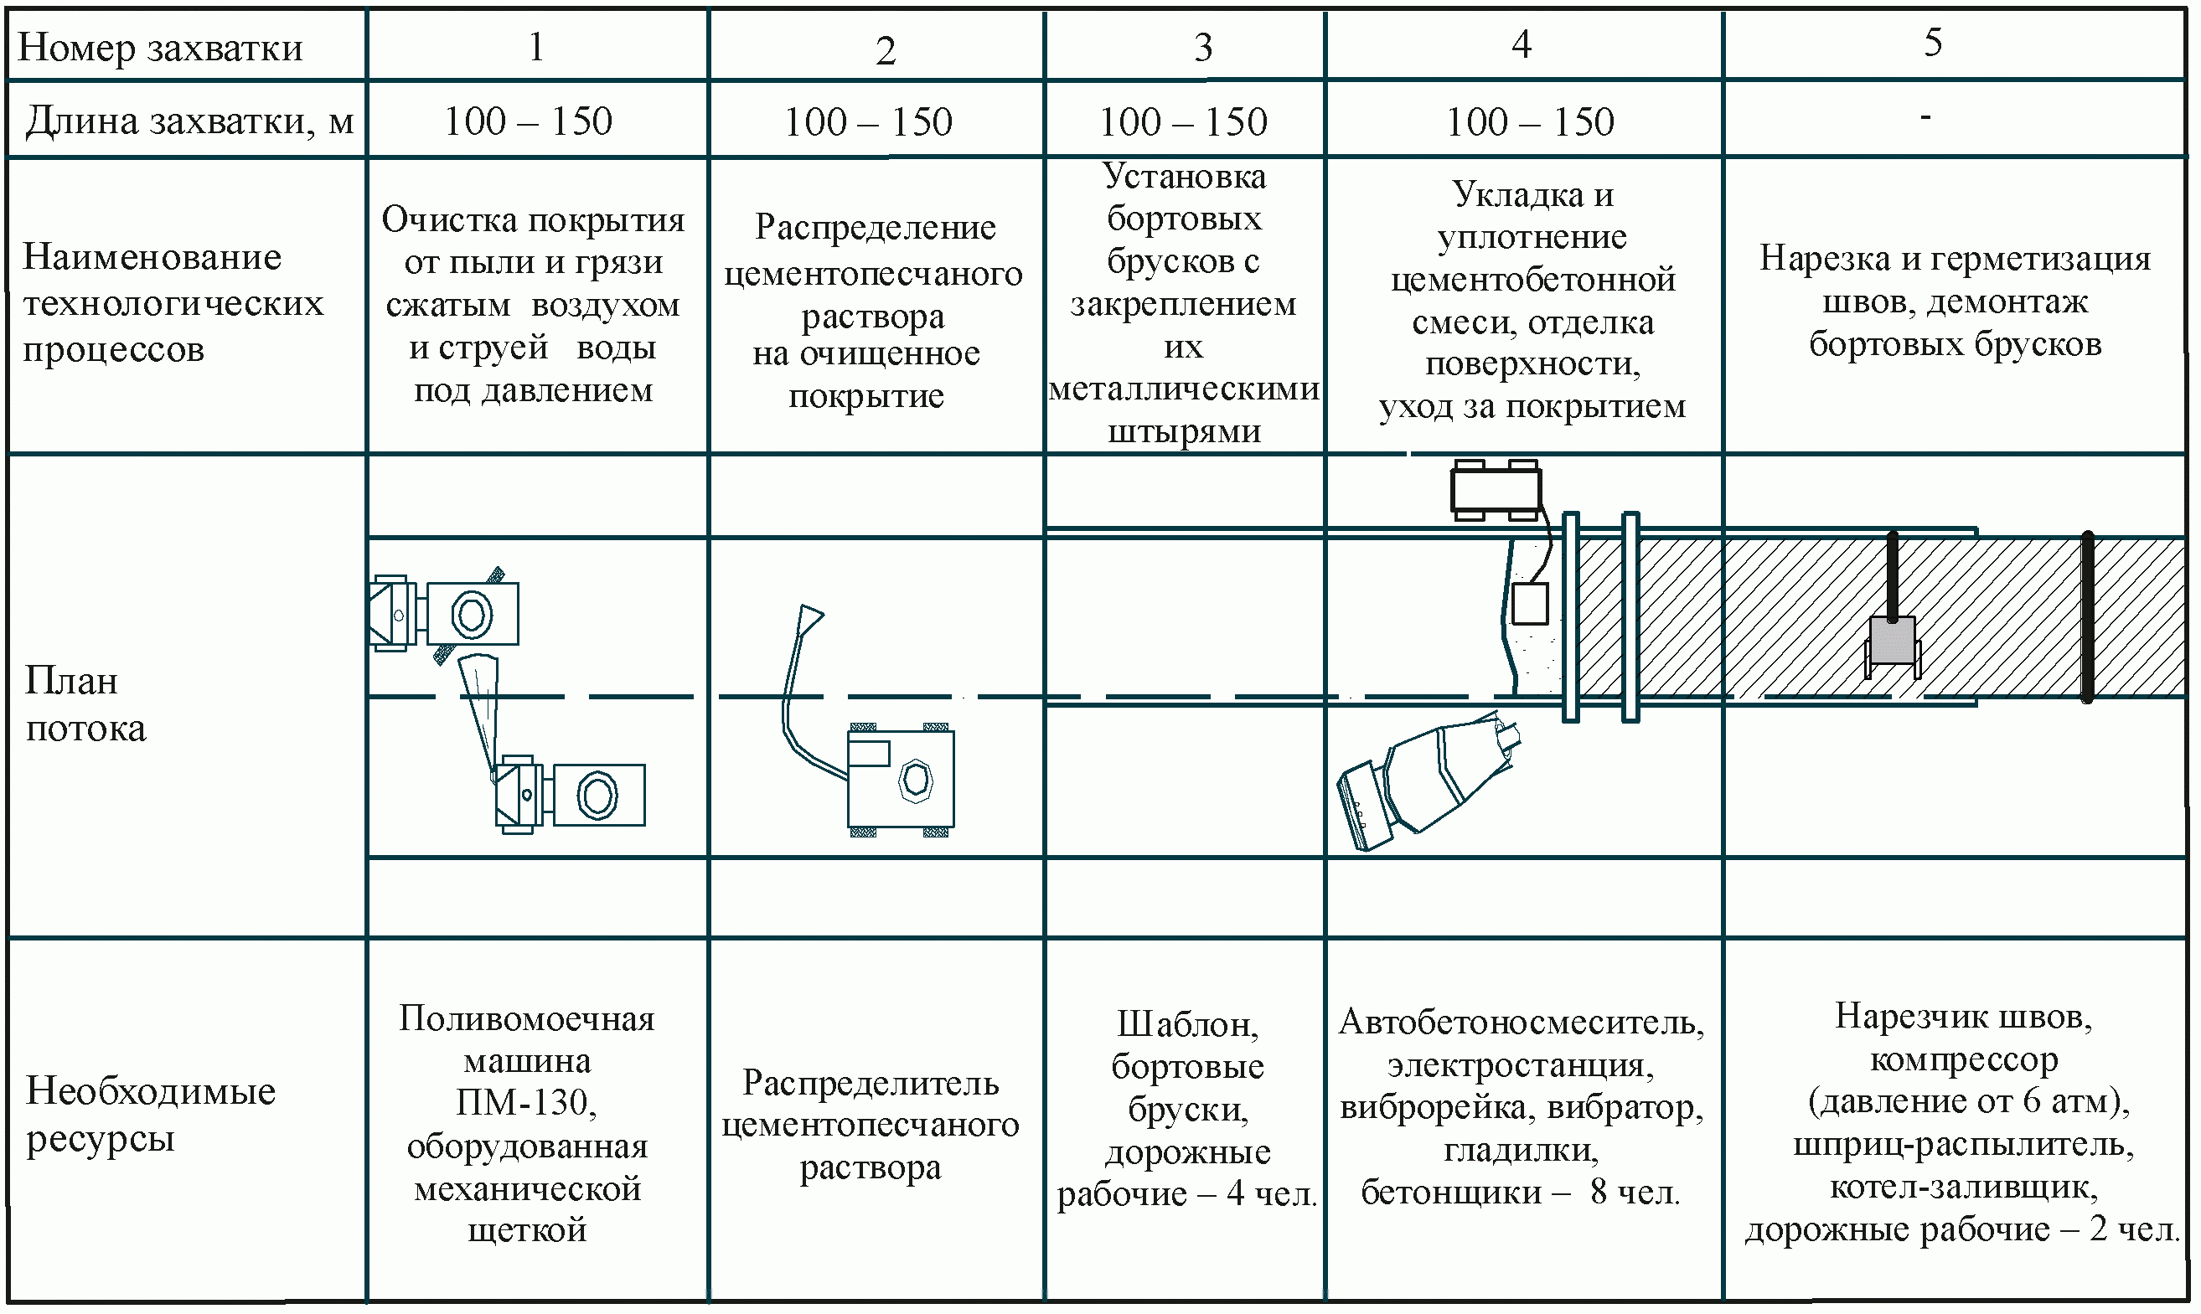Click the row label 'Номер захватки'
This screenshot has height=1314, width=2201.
[160, 47]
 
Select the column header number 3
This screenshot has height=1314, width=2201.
[1202, 47]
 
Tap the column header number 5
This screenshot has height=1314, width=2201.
[1933, 42]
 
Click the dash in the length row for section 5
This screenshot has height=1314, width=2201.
[1925, 116]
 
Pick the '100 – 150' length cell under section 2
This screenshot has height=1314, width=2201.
[868, 121]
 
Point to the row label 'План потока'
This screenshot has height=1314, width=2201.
[85, 704]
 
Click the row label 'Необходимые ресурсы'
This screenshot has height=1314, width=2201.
[151, 1114]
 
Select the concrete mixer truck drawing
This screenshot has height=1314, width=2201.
[1428, 779]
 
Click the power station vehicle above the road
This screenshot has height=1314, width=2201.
[1495, 489]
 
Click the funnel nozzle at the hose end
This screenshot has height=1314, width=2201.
[809, 620]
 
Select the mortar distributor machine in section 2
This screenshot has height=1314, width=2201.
[901, 779]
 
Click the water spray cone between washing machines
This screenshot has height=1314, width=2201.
[478, 709]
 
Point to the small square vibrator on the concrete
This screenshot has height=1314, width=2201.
[1530, 604]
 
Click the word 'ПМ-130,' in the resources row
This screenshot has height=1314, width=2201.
[526, 1103]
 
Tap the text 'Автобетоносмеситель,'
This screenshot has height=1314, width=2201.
[1521, 1023]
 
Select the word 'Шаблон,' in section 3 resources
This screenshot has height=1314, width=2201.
[1188, 1024]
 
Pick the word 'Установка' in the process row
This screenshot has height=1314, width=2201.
[1184, 176]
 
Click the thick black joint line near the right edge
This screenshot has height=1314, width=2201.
[2088, 616]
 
